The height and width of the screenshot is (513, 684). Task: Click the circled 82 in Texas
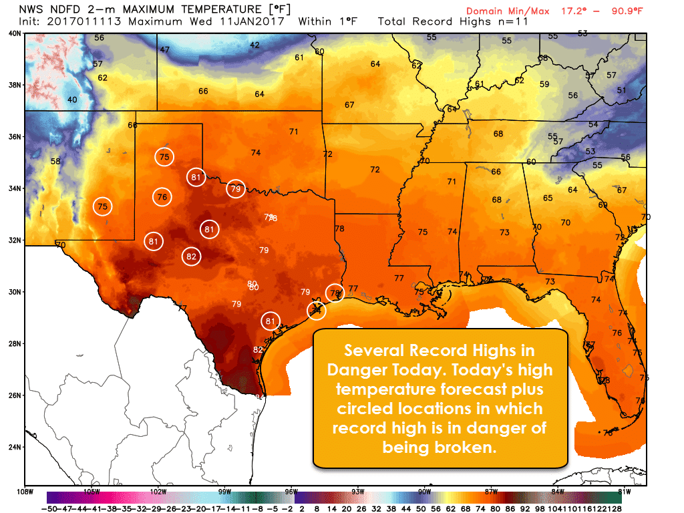coord(191,256)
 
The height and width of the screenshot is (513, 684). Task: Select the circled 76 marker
coord(162,197)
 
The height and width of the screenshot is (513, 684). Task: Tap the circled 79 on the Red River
coord(235,189)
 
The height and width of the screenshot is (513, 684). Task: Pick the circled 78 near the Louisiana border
coord(335,293)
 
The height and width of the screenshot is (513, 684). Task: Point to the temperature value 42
coord(254,45)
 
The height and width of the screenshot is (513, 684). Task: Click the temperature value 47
coord(164,50)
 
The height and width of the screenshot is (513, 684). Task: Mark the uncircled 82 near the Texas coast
coord(258,349)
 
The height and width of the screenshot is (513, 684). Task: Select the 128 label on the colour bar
coord(613,508)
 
